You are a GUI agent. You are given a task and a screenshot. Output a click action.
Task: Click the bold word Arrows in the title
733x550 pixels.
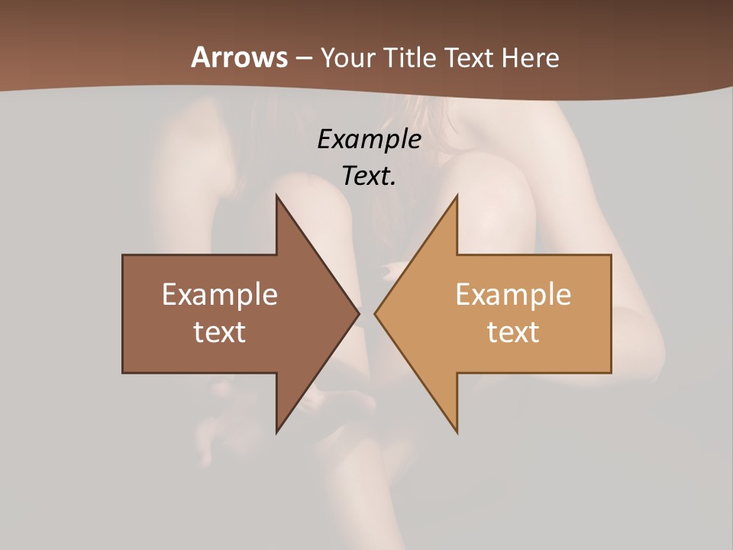pyautogui.click(x=238, y=57)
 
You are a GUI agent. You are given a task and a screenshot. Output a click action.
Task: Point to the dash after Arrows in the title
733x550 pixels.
pyautogui.click(x=303, y=59)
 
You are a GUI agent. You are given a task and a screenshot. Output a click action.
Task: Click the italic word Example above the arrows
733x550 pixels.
pyautogui.click(x=369, y=139)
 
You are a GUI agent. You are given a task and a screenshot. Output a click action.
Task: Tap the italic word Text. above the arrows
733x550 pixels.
pyautogui.click(x=369, y=176)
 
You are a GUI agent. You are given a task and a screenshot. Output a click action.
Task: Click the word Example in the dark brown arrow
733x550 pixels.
pyautogui.click(x=220, y=295)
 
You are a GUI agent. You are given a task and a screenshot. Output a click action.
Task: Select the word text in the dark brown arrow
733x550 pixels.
pyautogui.click(x=220, y=332)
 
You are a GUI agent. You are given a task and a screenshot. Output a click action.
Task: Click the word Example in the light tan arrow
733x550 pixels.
pyautogui.click(x=513, y=295)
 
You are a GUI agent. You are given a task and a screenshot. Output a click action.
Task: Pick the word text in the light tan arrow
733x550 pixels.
pyautogui.click(x=513, y=332)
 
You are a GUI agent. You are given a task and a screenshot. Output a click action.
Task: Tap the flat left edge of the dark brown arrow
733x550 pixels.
pyautogui.click(x=123, y=313)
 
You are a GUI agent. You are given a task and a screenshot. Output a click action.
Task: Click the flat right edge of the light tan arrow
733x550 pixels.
pyautogui.click(x=611, y=313)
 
